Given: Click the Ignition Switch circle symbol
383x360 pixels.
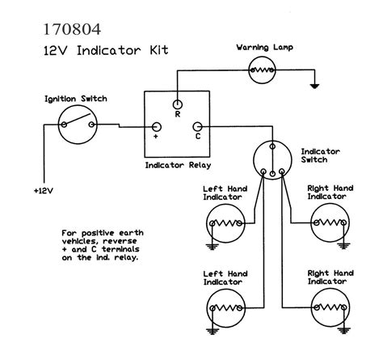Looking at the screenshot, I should pyautogui.click(x=78, y=125).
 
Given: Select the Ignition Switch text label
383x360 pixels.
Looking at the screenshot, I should pyautogui.click(x=75, y=99).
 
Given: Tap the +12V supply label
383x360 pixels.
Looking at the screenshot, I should pyautogui.click(x=45, y=191).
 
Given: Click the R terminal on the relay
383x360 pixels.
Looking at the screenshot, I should pyautogui.click(x=177, y=104).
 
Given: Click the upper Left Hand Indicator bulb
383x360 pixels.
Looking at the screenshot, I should pyautogui.click(x=225, y=220).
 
